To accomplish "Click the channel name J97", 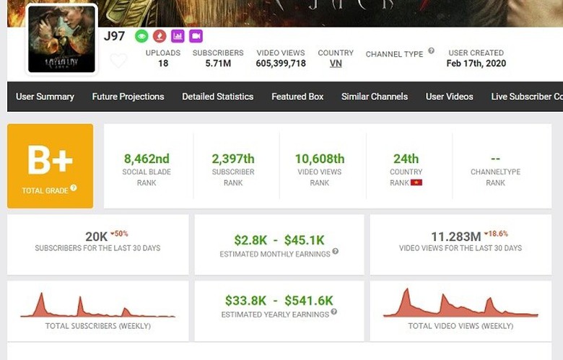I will coord(114,36).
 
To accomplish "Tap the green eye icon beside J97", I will coord(141,35).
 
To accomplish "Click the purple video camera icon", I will coord(196,35).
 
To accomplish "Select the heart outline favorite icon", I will coord(118,61).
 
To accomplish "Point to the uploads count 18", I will coord(163,63).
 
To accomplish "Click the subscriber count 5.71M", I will coord(218,63).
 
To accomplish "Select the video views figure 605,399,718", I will coord(281,63).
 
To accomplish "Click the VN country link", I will coord(336,63).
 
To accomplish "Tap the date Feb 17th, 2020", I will coord(476,63).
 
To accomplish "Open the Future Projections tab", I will coord(128,97).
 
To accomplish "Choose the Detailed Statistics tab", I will coord(217,97).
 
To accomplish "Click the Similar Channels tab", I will coord(375,97).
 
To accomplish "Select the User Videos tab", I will coord(450,97).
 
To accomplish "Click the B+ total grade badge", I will coord(50,165).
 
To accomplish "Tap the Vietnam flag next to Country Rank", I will coord(416,183).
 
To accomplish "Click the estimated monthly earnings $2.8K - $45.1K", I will coord(279,239).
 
